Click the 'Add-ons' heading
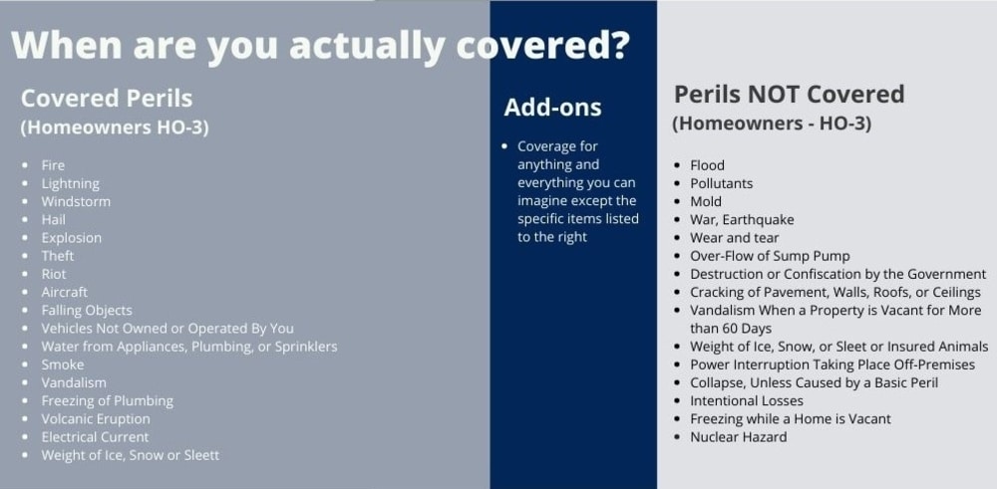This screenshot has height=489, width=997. [x=552, y=108]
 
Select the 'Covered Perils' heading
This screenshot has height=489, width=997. [x=107, y=99]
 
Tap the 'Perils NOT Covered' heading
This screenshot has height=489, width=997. [x=789, y=94]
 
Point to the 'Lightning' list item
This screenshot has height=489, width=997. [x=71, y=183]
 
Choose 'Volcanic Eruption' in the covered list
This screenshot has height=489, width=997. [x=96, y=419]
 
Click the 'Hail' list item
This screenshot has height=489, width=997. [x=54, y=220]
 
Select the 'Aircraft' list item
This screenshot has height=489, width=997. [x=64, y=292]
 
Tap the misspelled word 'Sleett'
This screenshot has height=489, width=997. [x=201, y=455]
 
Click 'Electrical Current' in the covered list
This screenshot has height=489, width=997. [x=95, y=437]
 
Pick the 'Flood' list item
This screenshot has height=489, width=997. [x=707, y=165]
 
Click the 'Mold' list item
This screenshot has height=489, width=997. [x=706, y=202]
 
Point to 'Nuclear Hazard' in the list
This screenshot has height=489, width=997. [x=738, y=437]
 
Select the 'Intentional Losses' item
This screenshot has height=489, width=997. [x=747, y=400]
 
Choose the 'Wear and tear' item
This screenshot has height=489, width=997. [x=735, y=238]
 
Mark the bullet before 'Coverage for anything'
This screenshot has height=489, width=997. [x=504, y=146]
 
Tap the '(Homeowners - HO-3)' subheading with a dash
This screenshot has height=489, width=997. [x=772, y=123]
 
